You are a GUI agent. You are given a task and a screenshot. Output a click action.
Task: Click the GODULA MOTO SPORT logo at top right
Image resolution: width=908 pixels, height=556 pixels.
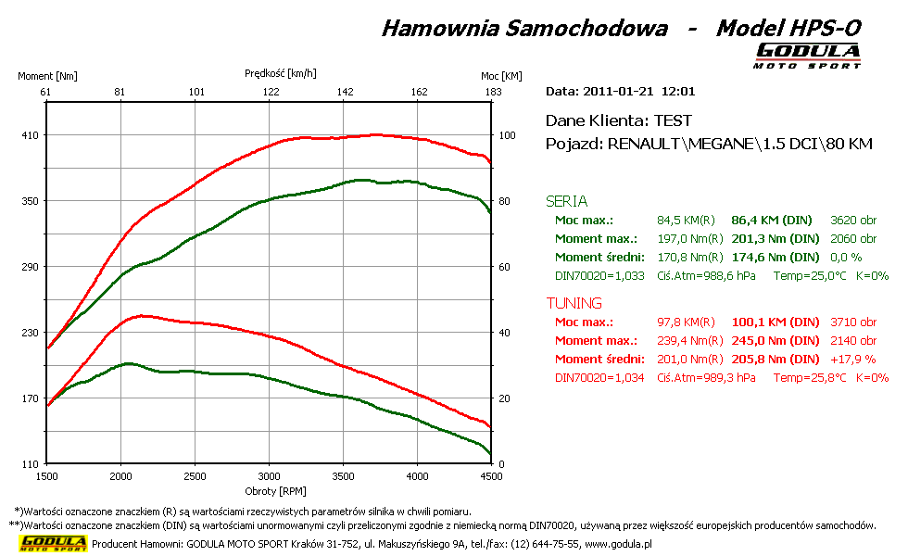pyautogui.click(x=808, y=55)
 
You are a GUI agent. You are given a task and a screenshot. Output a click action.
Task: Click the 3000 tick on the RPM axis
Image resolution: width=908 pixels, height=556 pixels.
pyautogui.click(x=269, y=476)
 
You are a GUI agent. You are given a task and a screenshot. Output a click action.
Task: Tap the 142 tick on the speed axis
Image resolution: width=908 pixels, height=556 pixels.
pyautogui.click(x=346, y=92)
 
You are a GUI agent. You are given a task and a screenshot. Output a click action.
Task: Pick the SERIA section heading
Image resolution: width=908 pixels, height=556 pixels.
pyautogui.click(x=566, y=201)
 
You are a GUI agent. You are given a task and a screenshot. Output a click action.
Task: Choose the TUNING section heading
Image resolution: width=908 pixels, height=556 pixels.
pyautogui.click(x=574, y=303)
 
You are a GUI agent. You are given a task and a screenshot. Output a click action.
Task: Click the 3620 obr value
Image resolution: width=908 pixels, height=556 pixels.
pyautogui.click(x=853, y=221)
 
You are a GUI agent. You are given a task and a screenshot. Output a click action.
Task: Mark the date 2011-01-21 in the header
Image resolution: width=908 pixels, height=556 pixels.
pyautogui.click(x=618, y=92)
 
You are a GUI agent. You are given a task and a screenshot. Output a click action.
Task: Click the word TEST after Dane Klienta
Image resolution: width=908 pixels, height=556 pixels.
pyautogui.click(x=673, y=120)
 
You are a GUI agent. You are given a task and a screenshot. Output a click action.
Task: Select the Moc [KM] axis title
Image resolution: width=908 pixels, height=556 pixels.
pyautogui.click(x=501, y=76)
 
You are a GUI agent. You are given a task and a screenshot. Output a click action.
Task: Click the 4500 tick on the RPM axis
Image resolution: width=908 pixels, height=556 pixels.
pyautogui.click(x=491, y=476)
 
